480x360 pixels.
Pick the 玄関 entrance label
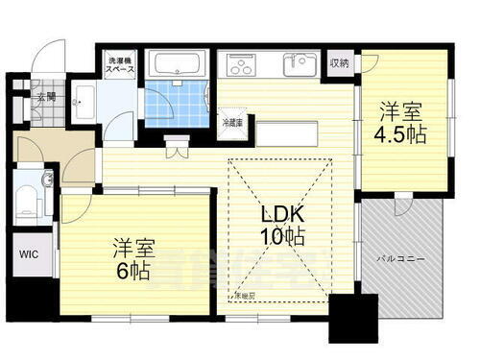tap(47, 96)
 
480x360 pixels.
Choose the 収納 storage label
tap(341, 63)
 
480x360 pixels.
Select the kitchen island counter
tap(288, 133)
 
